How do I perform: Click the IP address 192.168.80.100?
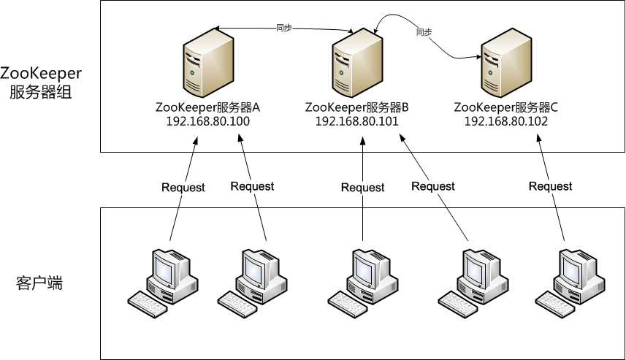pyautogui.click(x=208, y=122)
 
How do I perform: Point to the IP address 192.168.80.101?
pyautogui.click(x=357, y=122)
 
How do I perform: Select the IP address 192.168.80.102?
pyautogui.click(x=506, y=122)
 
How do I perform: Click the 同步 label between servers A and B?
pyautogui.click(x=285, y=28)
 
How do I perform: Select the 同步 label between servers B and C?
pyautogui.click(x=424, y=33)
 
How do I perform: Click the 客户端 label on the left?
pyautogui.click(x=39, y=283)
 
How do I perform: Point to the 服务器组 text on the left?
pyautogui.click(x=39, y=93)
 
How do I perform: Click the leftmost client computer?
pyautogui.click(x=159, y=282)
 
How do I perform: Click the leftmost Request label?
pyautogui.click(x=183, y=187)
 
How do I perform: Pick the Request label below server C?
pyautogui.click(x=550, y=186)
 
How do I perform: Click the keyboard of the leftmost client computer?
pyautogui.click(x=147, y=302)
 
